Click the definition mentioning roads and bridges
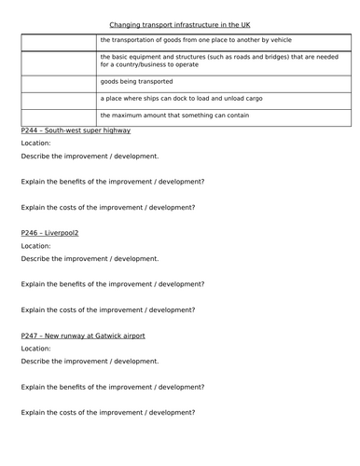coord(214,62)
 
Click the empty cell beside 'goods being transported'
coord(58,81)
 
